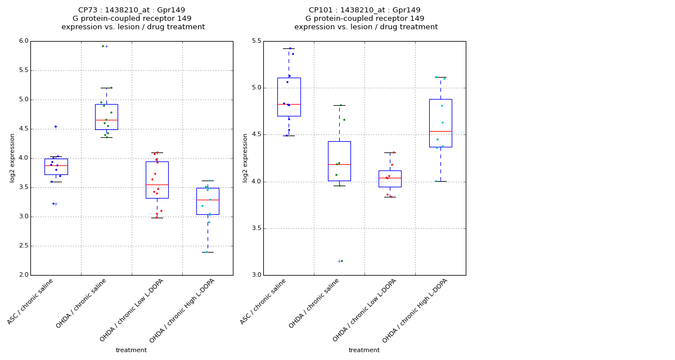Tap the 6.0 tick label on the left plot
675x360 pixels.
(x=23, y=41)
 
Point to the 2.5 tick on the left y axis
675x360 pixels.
(x=23, y=246)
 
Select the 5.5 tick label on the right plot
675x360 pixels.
(x=256, y=41)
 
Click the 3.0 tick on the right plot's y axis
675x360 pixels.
(x=256, y=275)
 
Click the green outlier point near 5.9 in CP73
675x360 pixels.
(x=103, y=46)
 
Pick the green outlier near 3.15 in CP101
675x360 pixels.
(x=341, y=261)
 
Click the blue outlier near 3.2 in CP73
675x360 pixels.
(x=53, y=204)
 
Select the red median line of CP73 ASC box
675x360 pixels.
(x=56, y=165)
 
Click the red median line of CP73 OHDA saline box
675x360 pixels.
(x=106, y=120)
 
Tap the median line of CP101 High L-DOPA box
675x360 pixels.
(x=440, y=131)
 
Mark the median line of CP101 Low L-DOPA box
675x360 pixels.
(x=390, y=178)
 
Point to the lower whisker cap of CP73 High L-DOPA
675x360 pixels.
(x=208, y=252)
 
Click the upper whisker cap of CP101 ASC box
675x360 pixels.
(x=289, y=48)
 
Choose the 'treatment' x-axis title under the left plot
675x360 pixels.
(x=131, y=350)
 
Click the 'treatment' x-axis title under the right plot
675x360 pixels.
(x=364, y=350)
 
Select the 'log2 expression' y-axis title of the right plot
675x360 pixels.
(x=245, y=157)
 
